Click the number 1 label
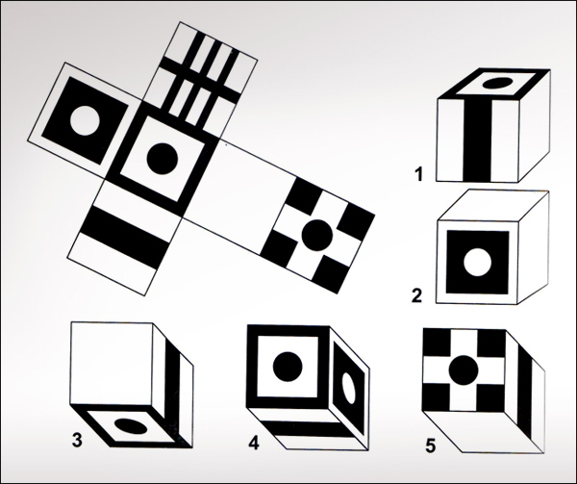point(418,174)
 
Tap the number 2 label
point(417,295)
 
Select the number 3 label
point(77,440)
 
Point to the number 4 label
point(254,444)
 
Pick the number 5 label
point(431,446)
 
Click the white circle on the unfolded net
point(85,120)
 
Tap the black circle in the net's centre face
point(163,159)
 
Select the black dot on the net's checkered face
point(317,236)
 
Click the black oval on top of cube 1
point(497,83)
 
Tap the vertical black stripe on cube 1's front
point(477,140)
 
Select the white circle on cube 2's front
point(478,262)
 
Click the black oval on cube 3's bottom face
point(131,426)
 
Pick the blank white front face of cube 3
point(112,364)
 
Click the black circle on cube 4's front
point(288,367)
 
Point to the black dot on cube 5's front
point(464,370)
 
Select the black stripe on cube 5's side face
point(525,395)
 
